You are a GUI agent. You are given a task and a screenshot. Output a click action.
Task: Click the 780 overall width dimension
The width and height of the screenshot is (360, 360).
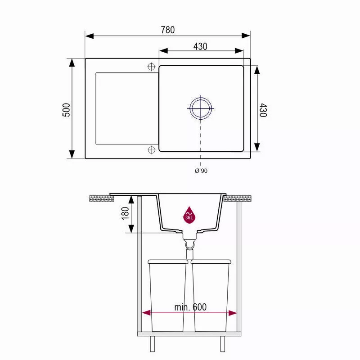[x=167, y=30]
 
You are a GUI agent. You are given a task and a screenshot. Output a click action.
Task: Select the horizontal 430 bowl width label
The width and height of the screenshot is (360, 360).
[x=200, y=47]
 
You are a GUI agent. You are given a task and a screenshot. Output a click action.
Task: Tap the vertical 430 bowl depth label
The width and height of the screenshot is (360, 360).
[x=263, y=110]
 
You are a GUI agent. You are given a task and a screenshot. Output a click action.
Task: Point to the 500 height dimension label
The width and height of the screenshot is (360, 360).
[x=66, y=110]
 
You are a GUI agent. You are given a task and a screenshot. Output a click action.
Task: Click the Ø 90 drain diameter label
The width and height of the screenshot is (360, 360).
[x=201, y=171]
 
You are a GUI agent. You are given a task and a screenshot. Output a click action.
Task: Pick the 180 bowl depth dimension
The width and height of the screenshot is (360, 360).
[x=125, y=213]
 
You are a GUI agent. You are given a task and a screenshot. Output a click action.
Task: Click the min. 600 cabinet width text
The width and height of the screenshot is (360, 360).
[x=190, y=307]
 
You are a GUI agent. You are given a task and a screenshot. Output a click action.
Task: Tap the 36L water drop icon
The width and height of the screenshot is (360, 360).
[x=189, y=215]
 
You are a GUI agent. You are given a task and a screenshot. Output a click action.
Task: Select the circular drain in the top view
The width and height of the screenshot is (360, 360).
[x=201, y=108]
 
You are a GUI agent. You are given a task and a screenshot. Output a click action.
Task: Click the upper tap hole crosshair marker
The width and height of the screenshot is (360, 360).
[x=151, y=67]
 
